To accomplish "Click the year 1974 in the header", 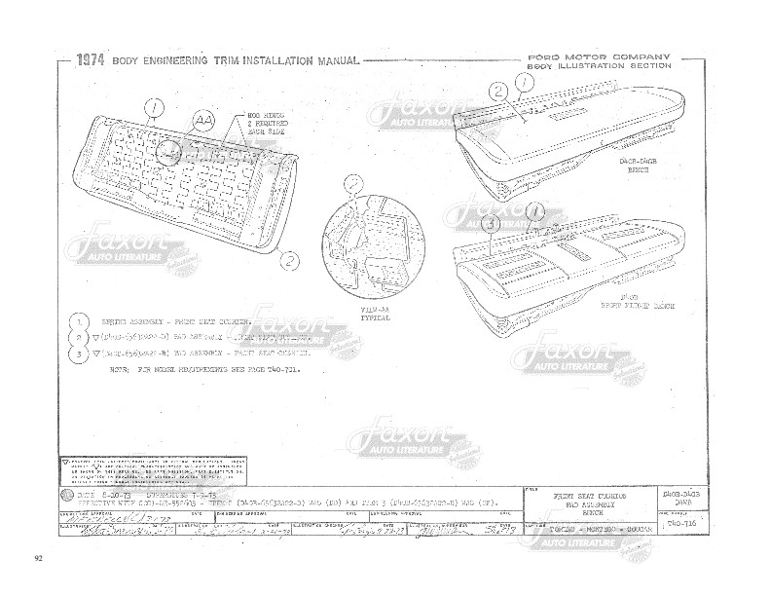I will tap(91, 60).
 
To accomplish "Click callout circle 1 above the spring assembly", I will tap(153, 107).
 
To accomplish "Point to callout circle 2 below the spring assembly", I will tap(289, 260).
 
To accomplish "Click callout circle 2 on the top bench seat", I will tap(497, 93).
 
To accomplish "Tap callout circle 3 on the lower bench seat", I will tap(492, 223).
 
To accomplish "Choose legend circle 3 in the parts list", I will tap(75, 354).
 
